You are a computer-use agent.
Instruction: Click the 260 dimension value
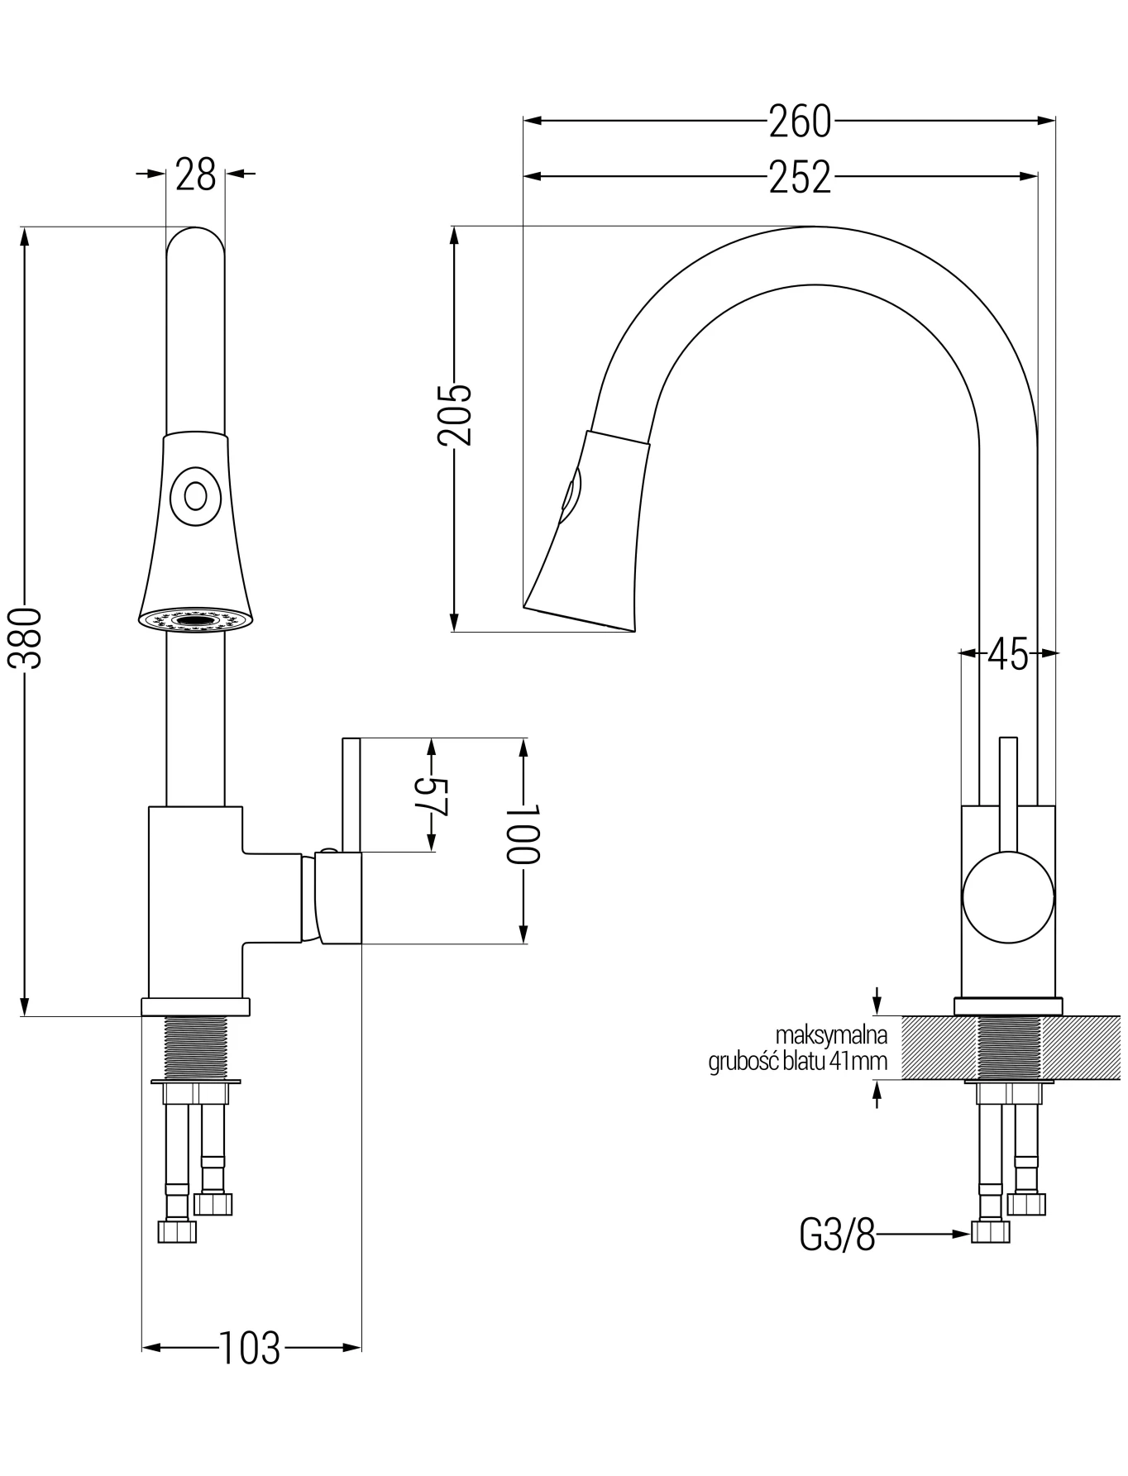tap(800, 122)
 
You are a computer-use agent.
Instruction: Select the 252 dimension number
tap(800, 177)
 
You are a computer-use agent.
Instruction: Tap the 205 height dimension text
tap(454, 415)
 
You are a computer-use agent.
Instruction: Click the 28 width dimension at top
tap(196, 174)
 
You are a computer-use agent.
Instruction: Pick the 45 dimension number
tap(1008, 655)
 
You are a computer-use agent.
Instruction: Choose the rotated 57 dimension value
tap(430, 796)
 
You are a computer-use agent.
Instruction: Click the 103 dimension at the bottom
tap(250, 1349)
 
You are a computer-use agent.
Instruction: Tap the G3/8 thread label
tap(837, 1235)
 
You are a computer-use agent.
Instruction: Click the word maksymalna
tap(831, 1034)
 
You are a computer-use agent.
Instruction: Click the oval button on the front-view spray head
tap(196, 496)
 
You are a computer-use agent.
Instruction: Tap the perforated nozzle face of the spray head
tap(195, 620)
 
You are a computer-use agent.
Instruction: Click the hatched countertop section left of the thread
tap(938, 1048)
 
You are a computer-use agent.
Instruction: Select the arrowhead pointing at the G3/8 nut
tap(961, 1235)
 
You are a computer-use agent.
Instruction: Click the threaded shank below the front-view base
tap(195, 1047)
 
